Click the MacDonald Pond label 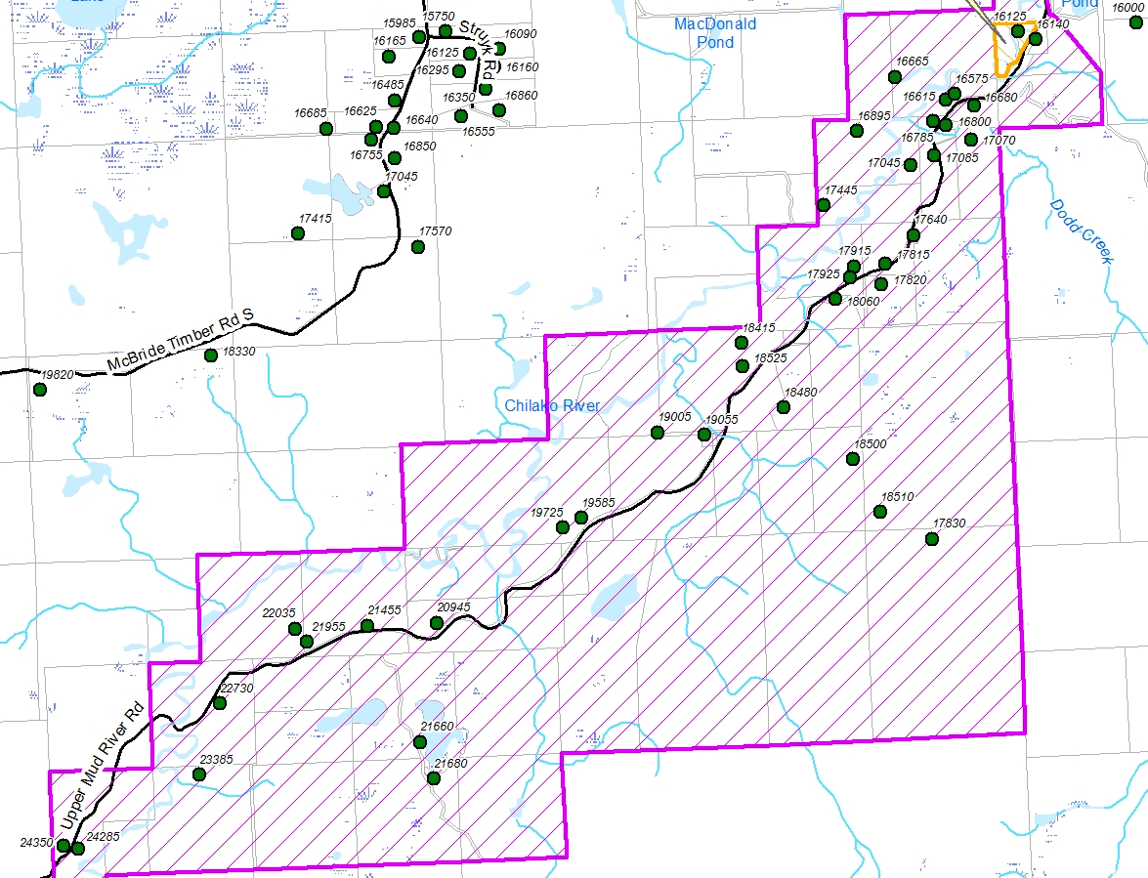tap(715, 33)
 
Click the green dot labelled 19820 tap(40, 390)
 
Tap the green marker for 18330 tap(211, 355)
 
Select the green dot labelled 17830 tap(932, 539)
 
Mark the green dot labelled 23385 tap(199, 774)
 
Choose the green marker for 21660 tap(420, 742)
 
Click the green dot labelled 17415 tap(298, 232)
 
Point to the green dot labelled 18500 tap(853, 459)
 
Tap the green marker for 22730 tap(220, 703)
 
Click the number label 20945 tap(453, 607)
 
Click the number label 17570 tap(435, 231)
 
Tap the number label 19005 tap(674, 417)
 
